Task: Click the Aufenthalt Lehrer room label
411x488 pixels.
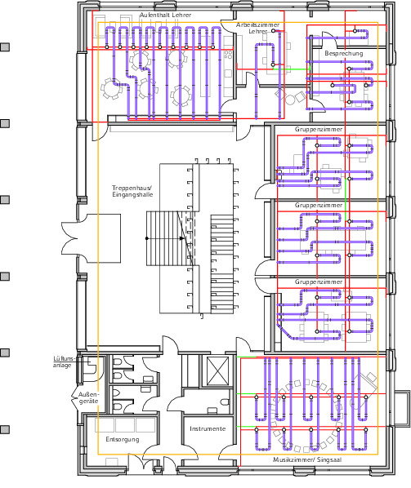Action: (x=165, y=15)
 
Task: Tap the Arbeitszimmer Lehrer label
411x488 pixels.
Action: (x=257, y=28)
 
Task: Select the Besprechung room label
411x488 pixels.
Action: (x=344, y=54)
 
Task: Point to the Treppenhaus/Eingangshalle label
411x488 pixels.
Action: (x=132, y=191)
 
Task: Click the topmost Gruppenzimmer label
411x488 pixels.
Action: (x=319, y=129)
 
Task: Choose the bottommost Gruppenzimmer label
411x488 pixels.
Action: (x=319, y=282)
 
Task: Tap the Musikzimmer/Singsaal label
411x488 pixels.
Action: (x=307, y=459)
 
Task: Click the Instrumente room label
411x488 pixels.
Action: (x=208, y=429)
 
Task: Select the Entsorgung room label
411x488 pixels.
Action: (x=123, y=440)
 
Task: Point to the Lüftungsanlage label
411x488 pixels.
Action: (x=64, y=362)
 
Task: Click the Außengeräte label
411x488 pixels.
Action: (x=88, y=398)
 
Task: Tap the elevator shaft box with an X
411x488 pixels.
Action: (x=218, y=372)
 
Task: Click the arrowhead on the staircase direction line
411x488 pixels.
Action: (x=182, y=238)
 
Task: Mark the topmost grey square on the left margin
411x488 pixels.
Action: (x=5, y=47)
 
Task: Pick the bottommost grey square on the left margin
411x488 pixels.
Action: (x=5, y=429)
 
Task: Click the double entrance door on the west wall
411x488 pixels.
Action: (x=69, y=238)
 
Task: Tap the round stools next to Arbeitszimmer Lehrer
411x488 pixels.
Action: (x=290, y=97)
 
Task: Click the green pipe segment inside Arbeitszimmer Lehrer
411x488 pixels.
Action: (x=292, y=69)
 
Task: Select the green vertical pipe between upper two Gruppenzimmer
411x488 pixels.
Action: (x=346, y=199)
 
